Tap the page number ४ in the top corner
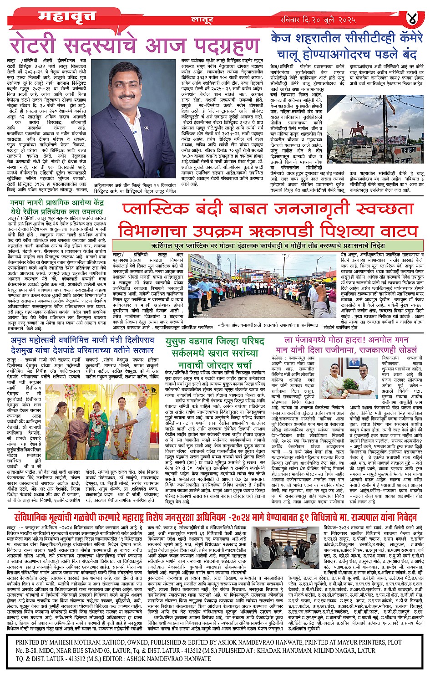click(x=412, y=18)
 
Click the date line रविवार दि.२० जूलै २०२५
click(x=318, y=20)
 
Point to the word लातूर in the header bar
click(x=202, y=19)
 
